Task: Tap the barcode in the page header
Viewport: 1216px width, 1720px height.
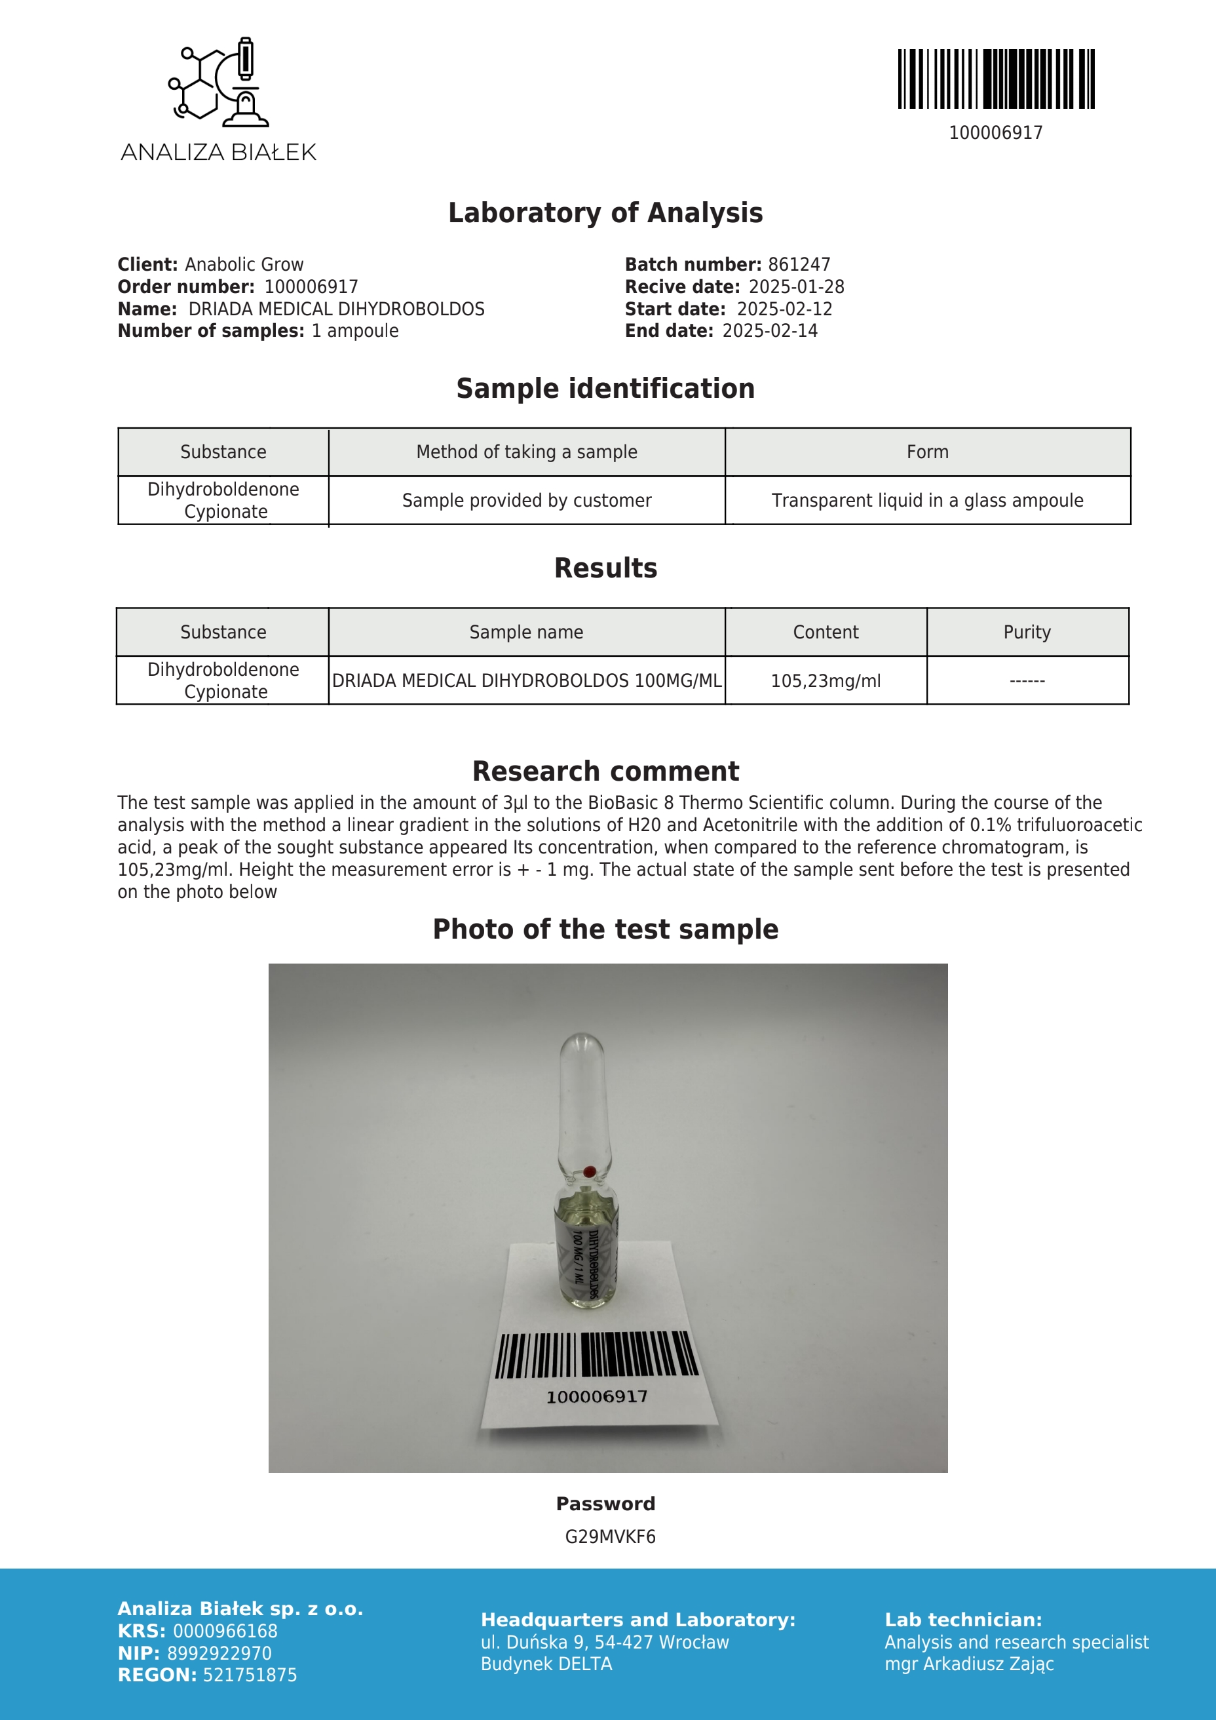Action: click(x=996, y=79)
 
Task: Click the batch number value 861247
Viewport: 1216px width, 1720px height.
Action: click(x=799, y=264)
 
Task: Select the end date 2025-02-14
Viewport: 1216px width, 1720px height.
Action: click(x=770, y=331)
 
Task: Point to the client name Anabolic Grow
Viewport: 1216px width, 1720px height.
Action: click(x=244, y=264)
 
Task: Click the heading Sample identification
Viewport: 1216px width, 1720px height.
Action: click(x=605, y=389)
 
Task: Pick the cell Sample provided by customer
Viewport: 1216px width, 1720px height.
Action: click(x=526, y=500)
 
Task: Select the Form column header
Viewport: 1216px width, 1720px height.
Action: click(x=927, y=452)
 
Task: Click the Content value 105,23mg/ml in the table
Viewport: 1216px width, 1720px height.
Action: click(x=825, y=681)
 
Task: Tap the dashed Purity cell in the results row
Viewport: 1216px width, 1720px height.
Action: click(x=1027, y=681)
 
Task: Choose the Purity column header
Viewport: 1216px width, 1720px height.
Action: click(x=1027, y=633)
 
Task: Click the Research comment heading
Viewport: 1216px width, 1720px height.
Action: click(x=605, y=771)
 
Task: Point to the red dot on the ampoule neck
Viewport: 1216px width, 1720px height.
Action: click(x=589, y=1171)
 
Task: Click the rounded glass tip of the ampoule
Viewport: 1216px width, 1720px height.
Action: click(x=582, y=1049)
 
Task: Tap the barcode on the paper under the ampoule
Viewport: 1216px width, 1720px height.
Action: click(x=597, y=1354)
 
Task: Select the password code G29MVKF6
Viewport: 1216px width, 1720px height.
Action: click(x=609, y=1536)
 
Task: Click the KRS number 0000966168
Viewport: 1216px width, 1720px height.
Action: click(x=225, y=1631)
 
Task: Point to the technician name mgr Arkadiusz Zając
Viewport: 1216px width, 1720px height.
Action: click(x=969, y=1664)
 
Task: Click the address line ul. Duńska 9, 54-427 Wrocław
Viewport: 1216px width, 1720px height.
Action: click(x=604, y=1642)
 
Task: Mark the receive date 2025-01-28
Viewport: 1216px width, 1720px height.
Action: click(x=796, y=287)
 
